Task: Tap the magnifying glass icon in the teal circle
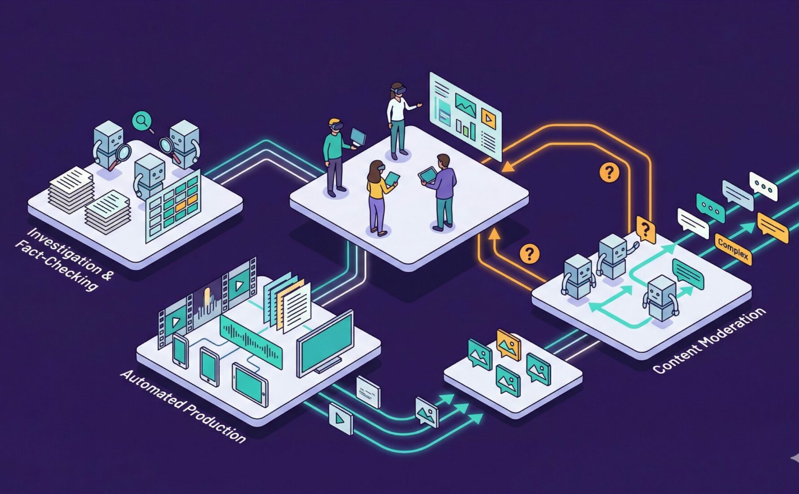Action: click(142, 120)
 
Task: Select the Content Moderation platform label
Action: click(709, 341)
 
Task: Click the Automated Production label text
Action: click(183, 406)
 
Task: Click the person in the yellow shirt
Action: click(378, 198)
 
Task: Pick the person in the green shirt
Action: click(334, 157)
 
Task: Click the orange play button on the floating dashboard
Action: click(488, 118)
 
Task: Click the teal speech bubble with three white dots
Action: click(711, 207)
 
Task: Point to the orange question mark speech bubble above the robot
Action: click(645, 230)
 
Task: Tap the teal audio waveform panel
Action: click(251, 341)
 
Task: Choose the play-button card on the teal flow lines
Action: click(341, 419)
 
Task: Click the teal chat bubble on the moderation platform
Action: click(688, 274)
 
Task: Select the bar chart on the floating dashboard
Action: click(465, 128)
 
